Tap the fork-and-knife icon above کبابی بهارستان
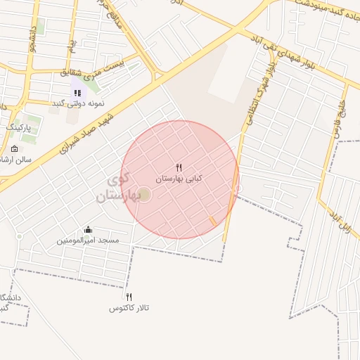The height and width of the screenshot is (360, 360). [179, 168]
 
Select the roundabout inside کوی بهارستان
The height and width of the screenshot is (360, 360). [144, 195]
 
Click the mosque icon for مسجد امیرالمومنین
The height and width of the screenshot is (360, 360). [88, 229]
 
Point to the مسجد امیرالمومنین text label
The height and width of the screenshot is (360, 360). [88, 240]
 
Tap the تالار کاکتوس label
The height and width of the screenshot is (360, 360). [129, 308]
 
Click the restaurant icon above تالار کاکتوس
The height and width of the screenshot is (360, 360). [129, 297]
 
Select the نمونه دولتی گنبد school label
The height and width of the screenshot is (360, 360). [77, 103]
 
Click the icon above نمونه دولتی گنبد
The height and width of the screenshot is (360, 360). [77, 92]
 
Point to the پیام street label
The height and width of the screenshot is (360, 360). [71, 46]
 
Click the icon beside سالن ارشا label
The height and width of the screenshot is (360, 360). [14, 149]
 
